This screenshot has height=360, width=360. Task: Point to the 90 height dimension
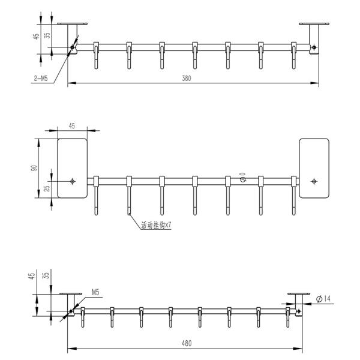coord(34,168)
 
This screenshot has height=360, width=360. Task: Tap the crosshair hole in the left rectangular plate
coord(73,181)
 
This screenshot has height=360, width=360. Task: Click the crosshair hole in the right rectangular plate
coord(314,181)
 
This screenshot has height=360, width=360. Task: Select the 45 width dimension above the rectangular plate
coord(72,126)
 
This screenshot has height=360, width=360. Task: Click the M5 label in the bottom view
coord(95,292)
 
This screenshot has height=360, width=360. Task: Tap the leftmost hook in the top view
coord(95,54)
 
